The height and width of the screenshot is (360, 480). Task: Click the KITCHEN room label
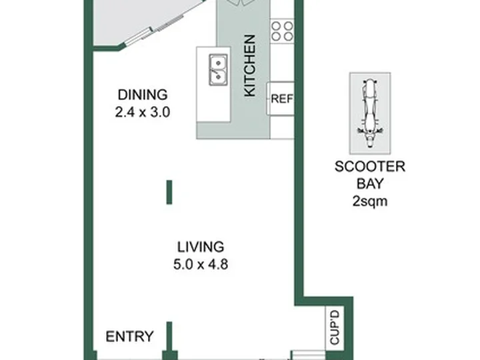(250, 66)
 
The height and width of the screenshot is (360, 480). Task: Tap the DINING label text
(143, 95)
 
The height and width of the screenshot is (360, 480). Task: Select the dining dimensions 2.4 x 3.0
(143, 112)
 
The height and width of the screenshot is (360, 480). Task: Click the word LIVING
(201, 247)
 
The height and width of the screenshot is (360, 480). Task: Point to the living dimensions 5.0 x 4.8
(201, 264)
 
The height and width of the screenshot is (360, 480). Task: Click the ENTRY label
(129, 337)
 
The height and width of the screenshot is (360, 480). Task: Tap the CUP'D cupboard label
(335, 327)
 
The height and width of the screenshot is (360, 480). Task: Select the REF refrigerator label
(281, 99)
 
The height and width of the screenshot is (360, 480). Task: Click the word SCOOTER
(370, 167)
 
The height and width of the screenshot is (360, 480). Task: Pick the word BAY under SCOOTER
(370, 184)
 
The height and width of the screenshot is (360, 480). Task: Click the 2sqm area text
(370, 201)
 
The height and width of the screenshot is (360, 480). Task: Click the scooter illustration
(370, 113)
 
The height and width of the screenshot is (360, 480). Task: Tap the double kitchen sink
(218, 70)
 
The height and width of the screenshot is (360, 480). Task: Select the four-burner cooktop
(282, 31)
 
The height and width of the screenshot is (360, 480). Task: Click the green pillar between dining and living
(169, 192)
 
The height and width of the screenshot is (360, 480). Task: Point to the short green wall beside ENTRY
(169, 336)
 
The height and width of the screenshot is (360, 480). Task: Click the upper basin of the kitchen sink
(218, 62)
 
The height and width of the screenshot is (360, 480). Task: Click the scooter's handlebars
(370, 131)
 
